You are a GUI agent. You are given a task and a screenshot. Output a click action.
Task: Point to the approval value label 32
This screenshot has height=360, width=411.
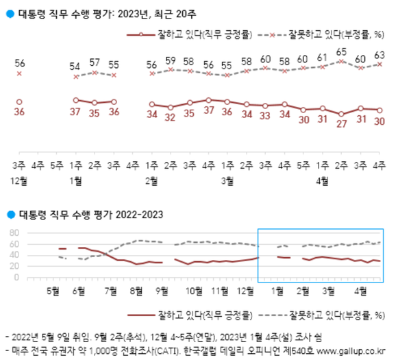(x=170, y=118)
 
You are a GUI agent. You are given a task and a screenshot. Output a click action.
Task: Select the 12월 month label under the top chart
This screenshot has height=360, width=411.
(x=20, y=180)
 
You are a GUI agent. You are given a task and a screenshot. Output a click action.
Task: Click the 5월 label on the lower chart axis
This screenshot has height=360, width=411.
(x=53, y=289)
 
